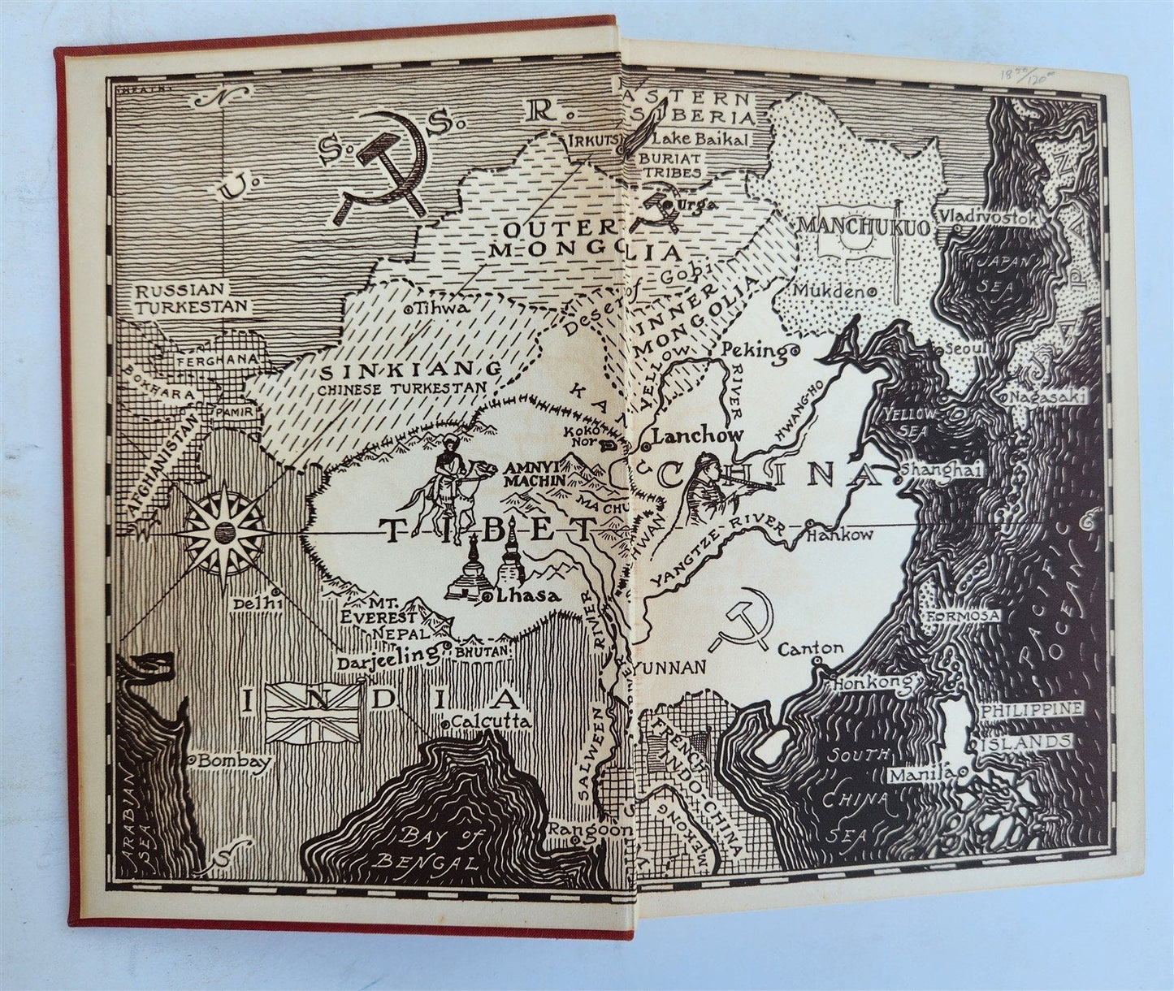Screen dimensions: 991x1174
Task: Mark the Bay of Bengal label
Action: pos(438,849)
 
